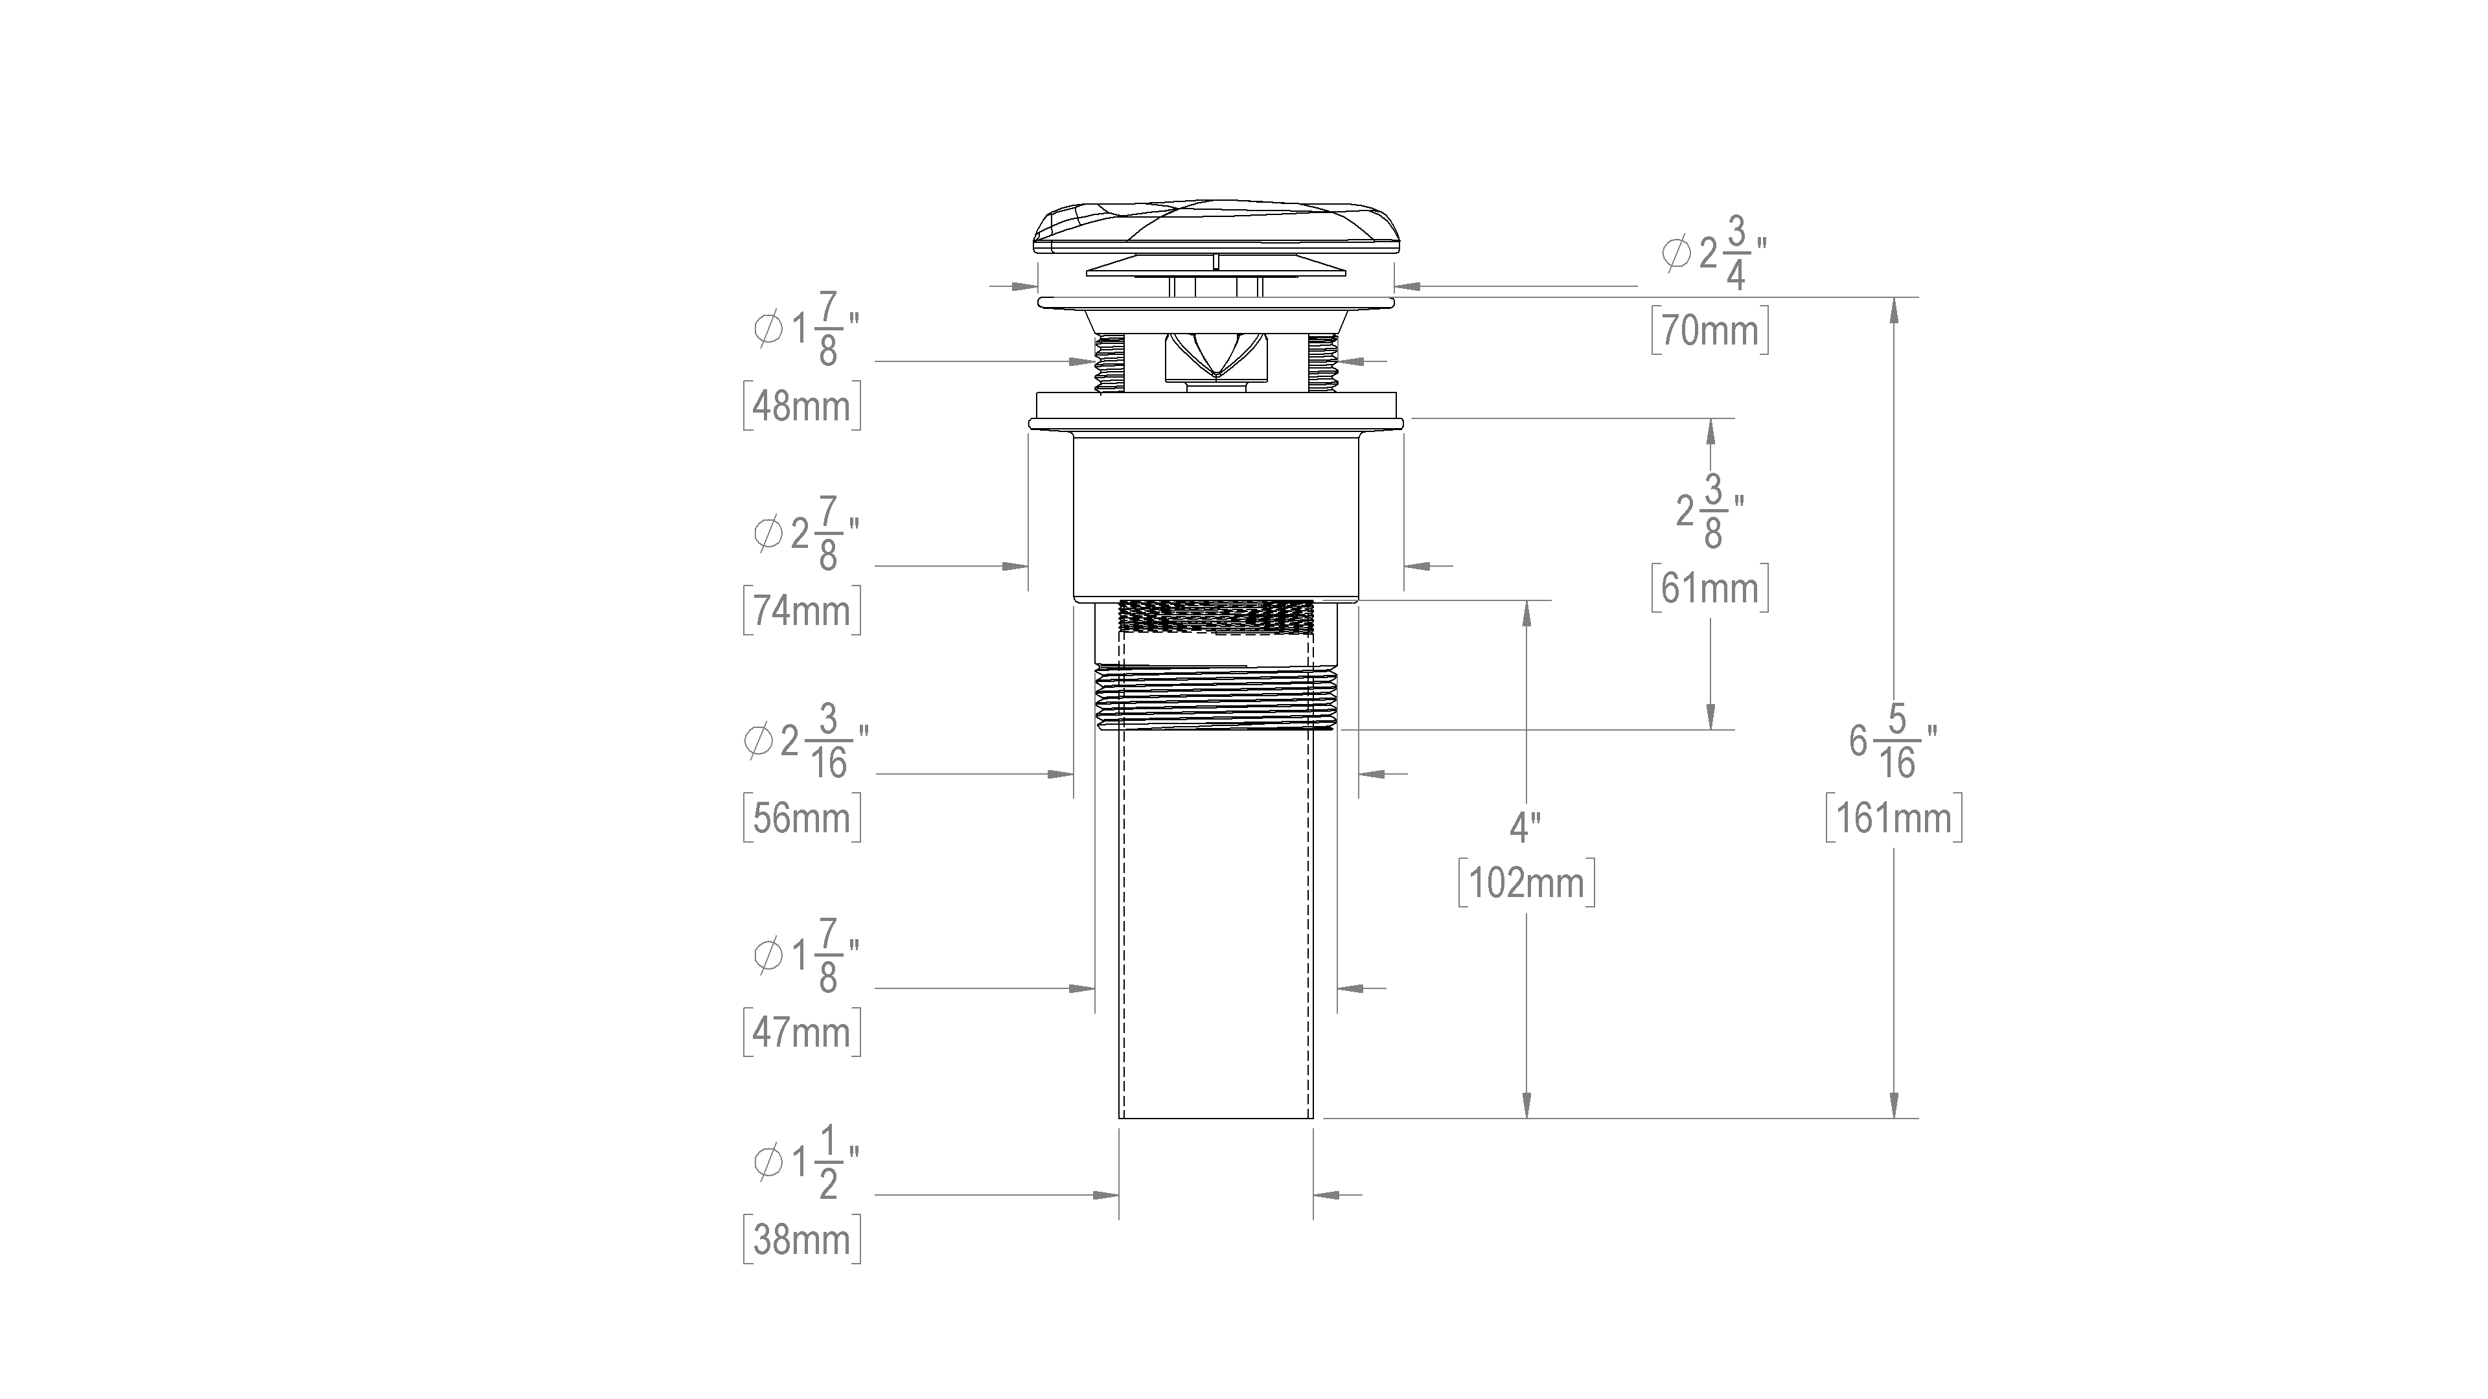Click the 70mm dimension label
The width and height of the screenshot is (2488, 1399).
point(1710,331)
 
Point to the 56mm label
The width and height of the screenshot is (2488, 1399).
point(801,819)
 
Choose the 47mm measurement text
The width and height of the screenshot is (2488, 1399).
point(801,1032)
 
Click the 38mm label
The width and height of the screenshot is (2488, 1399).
point(801,1240)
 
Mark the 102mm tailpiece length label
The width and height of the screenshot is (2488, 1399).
point(1526,882)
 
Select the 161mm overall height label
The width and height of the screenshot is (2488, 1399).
point(1894,819)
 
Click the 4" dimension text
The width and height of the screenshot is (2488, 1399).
point(1525,828)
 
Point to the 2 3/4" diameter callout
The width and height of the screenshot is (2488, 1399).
point(1714,254)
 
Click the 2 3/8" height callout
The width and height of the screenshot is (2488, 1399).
point(1710,512)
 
